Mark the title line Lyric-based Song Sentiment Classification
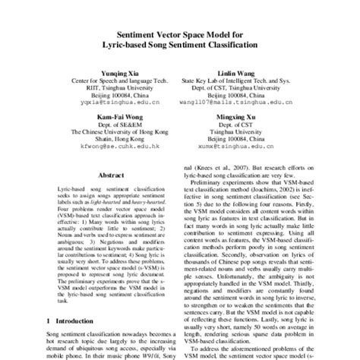coord(180,45)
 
